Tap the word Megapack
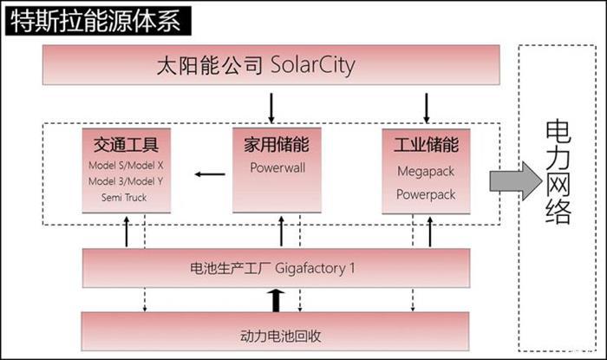pyautogui.click(x=425, y=172)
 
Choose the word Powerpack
pyautogui.click(x=425, y=194)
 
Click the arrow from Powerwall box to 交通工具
pyautogui.click(x=209, y=174)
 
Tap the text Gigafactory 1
pyautogui.click(x=317, y=268)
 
